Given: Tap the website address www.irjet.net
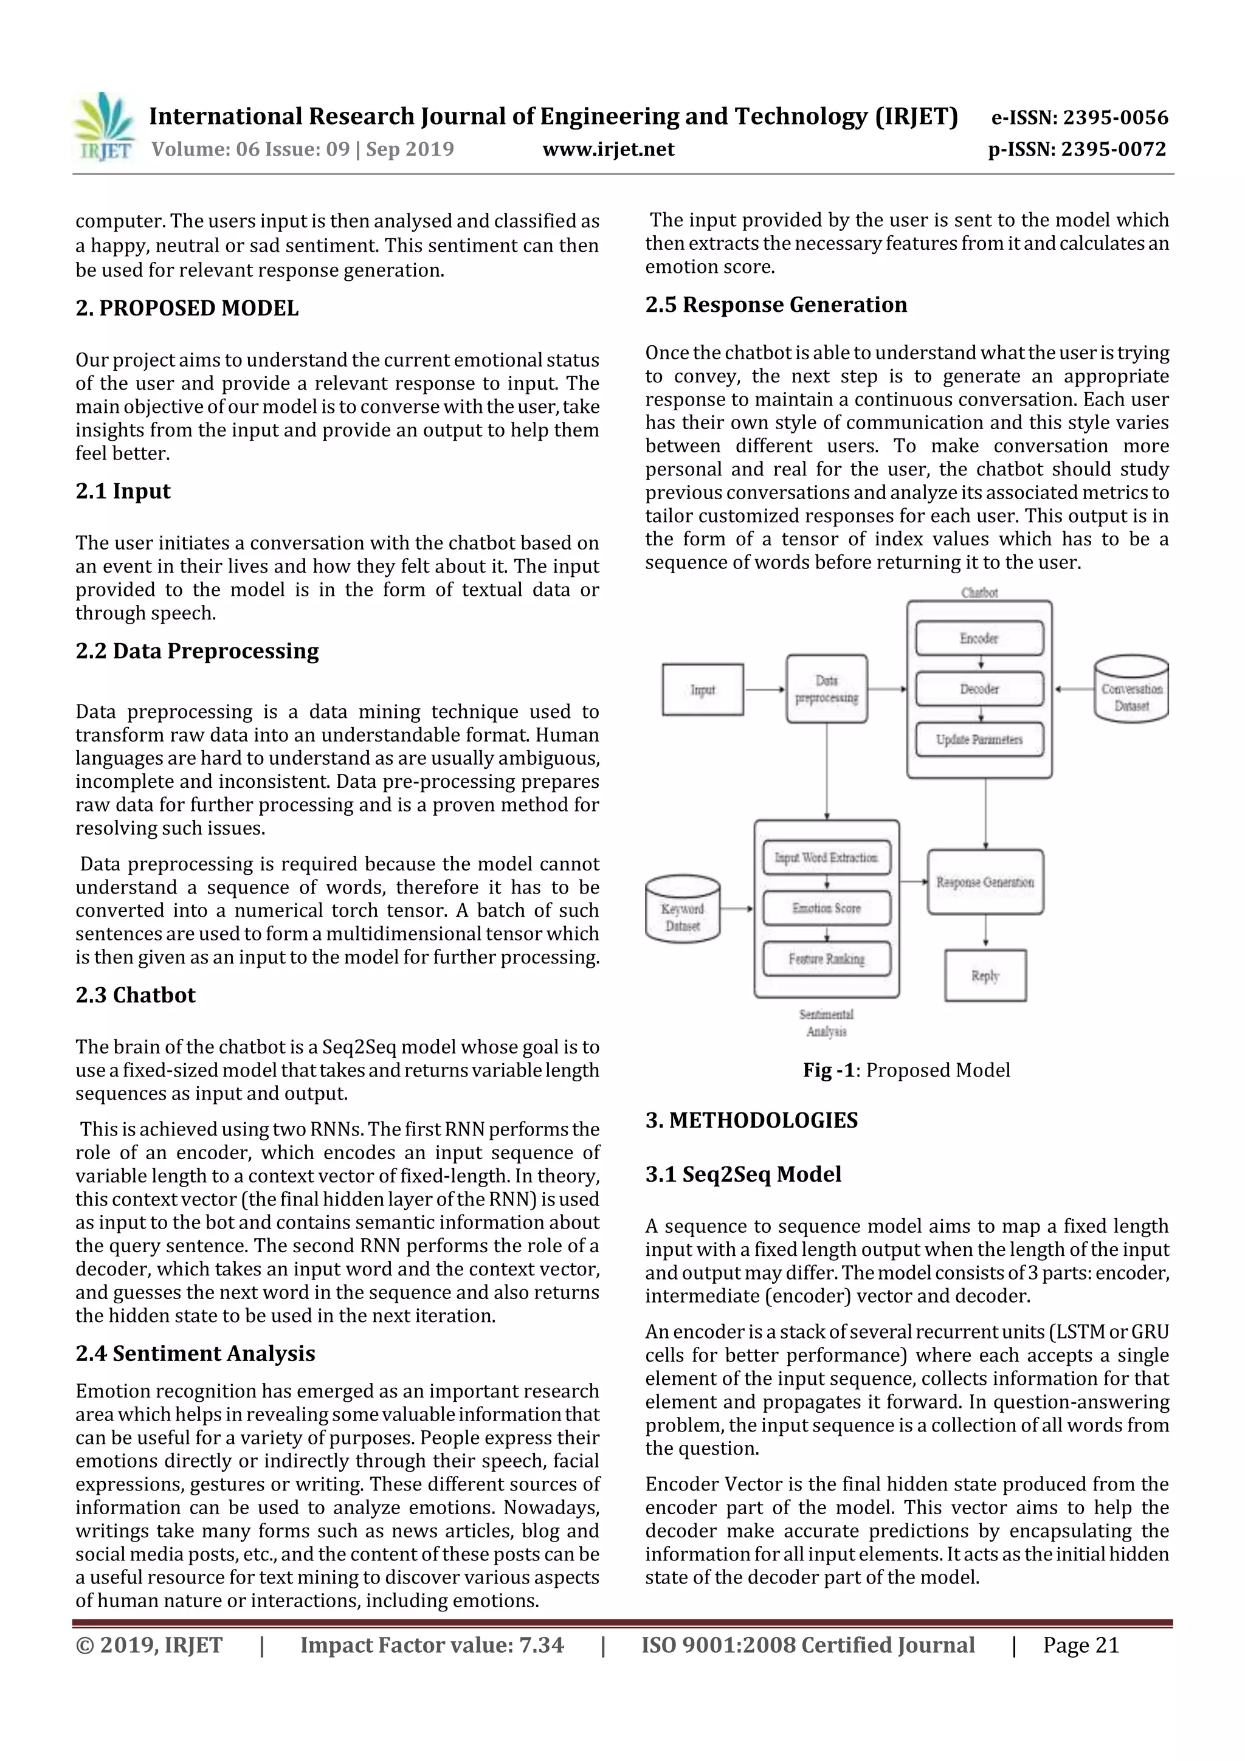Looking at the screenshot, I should pyautogui.click(x=609, y=149).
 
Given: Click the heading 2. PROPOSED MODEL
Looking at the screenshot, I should pyautogui.click(x=187, y=308).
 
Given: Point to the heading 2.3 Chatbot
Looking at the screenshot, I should pyautogui.click(x=136, y=995).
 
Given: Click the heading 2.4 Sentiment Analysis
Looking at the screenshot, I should pyautogui.click(x=196, y=1353).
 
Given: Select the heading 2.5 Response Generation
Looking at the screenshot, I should pyautogui.click(x=776, y=305).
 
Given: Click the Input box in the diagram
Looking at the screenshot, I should pyautogui.click(x=703, y=689).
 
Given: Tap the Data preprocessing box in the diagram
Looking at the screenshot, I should pyautogui.click(x=826, y=689).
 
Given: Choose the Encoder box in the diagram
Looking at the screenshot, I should pyautogui.click(x=979, y=638).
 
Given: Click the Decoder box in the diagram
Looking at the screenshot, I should pyautogui.click(x=979, y=689).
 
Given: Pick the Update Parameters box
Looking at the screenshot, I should pyautogui.click(x=979, y=739).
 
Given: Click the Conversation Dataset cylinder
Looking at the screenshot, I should pyautogui.click(x=1131, y=689).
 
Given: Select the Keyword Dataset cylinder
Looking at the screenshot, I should pyautogui.click(x=683, y=911).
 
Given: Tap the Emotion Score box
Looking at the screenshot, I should pyautogui.click(x=826, y=908).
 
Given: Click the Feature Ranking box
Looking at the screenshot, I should pyautogui.click(x=826, y=959).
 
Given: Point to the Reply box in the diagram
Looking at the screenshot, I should pyautogui.click(x=985, y=976).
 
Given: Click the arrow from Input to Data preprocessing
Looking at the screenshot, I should pyautogui.click(x=765, y=689).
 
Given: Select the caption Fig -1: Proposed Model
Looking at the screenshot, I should pyautogui.click(x=906, y=1070).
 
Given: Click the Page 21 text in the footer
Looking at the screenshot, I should pyautogui.click(x=1080, y=1644).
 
